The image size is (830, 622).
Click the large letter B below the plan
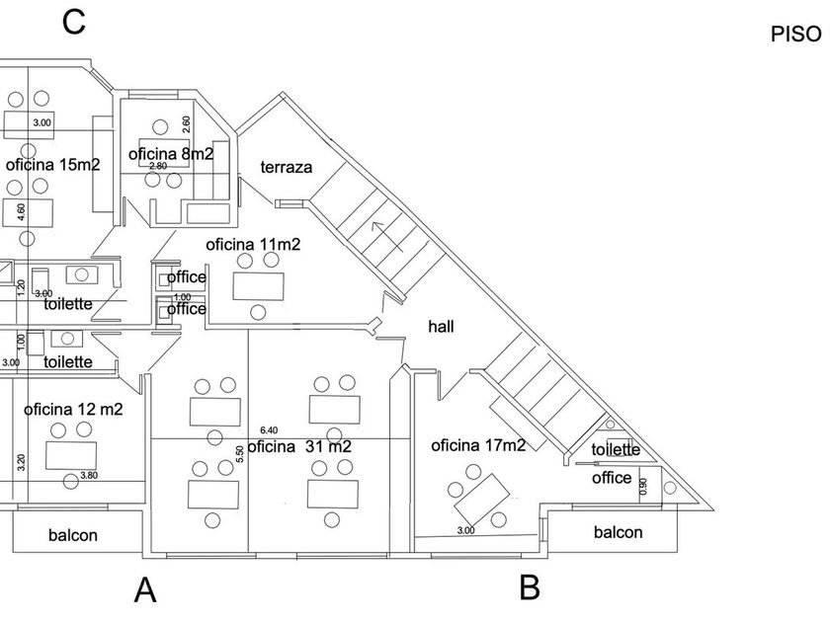coord(530,587)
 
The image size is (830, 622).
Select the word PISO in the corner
coord(795,34)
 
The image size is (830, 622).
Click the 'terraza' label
coord(287,168)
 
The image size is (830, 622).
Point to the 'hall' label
coord(441,326)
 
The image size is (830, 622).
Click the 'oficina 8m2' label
coord(171,154)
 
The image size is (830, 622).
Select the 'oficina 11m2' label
coord(253,244)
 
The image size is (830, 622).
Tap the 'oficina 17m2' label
coord(479,446)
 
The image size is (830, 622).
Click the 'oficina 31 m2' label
coord(299,446)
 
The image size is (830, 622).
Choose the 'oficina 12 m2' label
coord(73,409)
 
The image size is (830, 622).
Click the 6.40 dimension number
coord(268,431)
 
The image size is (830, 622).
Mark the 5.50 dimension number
coord(239,453)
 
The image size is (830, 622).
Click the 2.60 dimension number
coord(187,125)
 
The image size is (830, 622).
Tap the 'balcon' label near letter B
coord(618,532)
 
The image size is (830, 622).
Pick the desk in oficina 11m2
coord(258,286)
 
